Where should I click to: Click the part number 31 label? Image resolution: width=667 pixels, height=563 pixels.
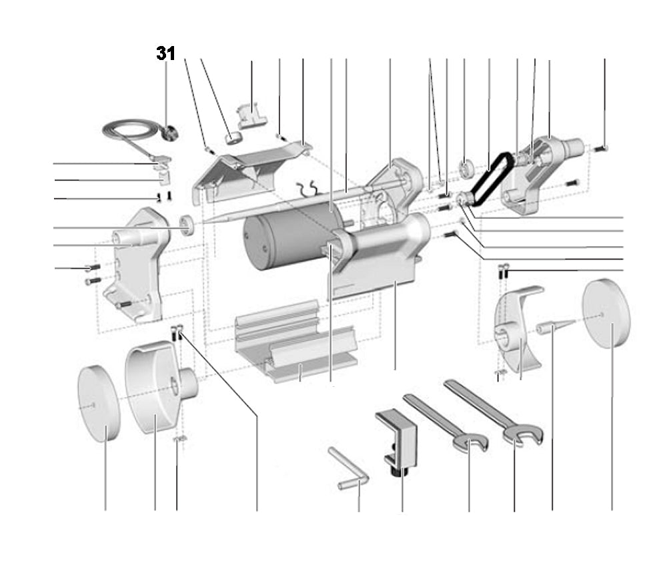165,54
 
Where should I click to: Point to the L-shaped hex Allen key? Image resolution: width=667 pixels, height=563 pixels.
350,470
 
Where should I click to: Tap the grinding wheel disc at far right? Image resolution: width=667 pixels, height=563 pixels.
606,314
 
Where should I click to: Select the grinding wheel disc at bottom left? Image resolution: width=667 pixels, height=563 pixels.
99,404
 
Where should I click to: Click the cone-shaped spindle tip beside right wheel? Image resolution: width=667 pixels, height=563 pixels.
554,328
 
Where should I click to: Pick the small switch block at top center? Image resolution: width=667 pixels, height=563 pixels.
251,113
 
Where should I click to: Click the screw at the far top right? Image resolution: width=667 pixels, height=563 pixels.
599,147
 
